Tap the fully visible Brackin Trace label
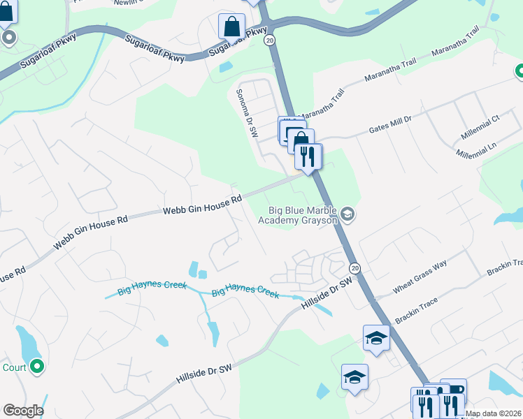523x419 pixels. coord(416,311)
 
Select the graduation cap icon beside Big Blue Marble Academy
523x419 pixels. coord(348,215)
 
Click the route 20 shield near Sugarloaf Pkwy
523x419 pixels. coord(269,41)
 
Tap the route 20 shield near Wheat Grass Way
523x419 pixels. coord(354,267)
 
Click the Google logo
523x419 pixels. coord(23,411)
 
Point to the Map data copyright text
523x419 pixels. coord(494,413)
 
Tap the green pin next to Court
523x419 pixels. coord(37,366)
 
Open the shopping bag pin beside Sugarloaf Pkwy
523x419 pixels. coord(231,27)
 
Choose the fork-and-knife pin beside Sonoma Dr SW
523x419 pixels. coord(308,156)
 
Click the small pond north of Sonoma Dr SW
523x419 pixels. coord(225,68)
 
